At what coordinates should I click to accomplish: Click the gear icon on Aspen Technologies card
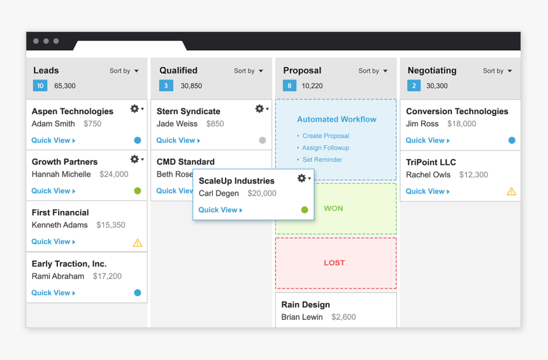pos(135,109)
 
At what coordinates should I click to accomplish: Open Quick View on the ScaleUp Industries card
pos(220,210)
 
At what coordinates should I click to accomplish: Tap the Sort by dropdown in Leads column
pos(124,71)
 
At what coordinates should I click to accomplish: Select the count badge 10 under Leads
pos(40,86)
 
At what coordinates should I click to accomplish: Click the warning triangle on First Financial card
pos(138,242)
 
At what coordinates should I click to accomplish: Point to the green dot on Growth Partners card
pos(138,191)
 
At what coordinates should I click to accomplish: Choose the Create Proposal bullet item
pos(326,136)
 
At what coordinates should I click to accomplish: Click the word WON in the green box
pos(333,208)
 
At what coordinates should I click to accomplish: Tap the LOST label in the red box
pos(334,263)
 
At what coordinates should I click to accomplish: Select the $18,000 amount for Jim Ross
pos(461,124)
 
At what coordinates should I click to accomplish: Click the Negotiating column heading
pos(432,71)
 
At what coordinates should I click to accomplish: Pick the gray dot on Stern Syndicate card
pos(263,140)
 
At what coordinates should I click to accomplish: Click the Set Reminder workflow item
pos(322,160)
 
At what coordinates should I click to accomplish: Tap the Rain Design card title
pos(305,305)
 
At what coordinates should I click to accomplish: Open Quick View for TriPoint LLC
pos(428,191)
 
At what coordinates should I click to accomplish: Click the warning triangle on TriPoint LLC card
pos(511,191)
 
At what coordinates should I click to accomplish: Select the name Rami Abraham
pos(58,277)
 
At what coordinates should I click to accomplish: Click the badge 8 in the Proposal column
pos(290,86)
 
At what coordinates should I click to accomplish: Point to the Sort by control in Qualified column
pos(249,71)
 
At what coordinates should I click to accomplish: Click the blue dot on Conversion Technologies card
pos(512,140)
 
